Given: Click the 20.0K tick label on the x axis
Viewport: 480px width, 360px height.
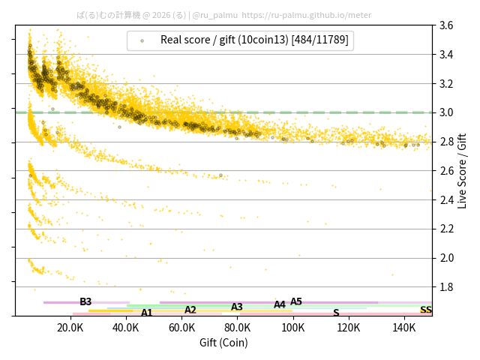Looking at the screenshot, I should click(70, 328).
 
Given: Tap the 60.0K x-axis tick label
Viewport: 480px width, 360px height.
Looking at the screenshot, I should click(181, 328).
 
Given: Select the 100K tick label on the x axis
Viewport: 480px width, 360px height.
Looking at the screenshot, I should click(293, 328).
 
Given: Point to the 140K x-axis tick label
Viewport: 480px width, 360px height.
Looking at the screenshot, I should click(404, 328).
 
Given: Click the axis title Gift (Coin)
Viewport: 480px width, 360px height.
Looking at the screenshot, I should click(223, 343).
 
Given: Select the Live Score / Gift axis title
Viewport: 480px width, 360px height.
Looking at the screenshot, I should click(462, 170).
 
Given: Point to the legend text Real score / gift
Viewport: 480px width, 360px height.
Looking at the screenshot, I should click(254, 40).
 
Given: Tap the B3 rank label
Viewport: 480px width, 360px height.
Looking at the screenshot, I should click(85, 301).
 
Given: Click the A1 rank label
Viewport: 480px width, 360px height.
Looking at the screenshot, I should click(147, 313).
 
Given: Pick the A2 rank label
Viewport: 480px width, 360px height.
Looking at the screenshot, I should click(190, 310).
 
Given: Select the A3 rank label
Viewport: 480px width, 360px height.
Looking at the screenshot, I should click(237, 307).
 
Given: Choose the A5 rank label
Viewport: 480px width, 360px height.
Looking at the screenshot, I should click(296, 301).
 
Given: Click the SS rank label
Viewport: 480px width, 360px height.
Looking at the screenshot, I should click(425, 310).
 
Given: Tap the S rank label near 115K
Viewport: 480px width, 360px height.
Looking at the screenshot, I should click(336, 313).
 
